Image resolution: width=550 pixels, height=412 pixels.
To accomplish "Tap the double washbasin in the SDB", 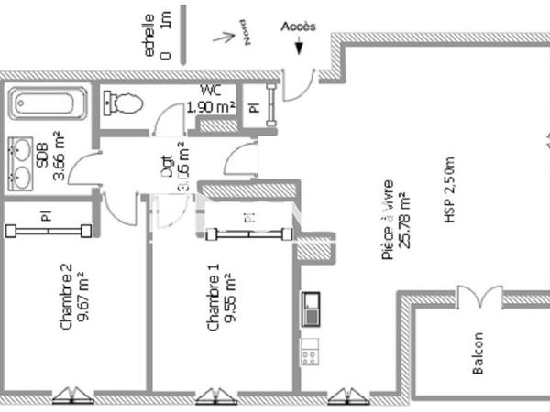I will tap(24, 161).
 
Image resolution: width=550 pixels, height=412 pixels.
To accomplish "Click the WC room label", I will tap(209, 90).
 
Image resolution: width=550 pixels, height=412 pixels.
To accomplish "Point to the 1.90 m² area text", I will tap(211, 106).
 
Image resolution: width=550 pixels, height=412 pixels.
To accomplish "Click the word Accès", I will tap(298, 27).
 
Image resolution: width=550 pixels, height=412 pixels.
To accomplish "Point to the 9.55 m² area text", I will tap(230, 298).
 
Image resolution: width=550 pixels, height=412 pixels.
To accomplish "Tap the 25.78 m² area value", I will tap(404, 223).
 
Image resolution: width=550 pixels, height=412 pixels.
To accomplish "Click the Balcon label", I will tap(478, 352).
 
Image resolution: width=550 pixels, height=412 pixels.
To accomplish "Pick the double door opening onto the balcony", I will tap(479, 298).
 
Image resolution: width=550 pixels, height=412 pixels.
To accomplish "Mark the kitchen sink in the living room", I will tap(310, 308).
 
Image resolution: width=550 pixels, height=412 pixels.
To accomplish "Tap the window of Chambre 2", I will tap(72, 396).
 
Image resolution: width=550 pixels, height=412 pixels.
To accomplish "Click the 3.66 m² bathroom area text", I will tap(58, 156).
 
